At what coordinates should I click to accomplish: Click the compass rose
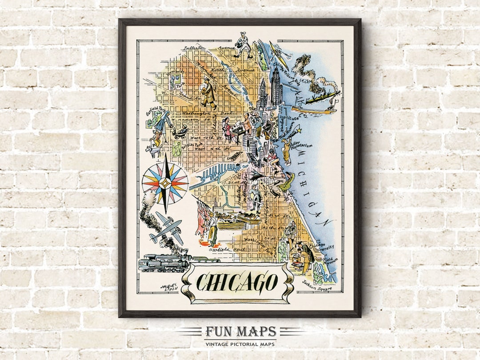[165, 183]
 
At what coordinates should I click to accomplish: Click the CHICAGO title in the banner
[237, 282]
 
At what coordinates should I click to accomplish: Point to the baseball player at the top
[244, 44]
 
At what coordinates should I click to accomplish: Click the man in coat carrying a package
[208, 93]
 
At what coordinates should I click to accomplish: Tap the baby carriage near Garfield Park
[180, 132]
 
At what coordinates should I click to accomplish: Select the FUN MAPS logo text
[240, 332]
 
